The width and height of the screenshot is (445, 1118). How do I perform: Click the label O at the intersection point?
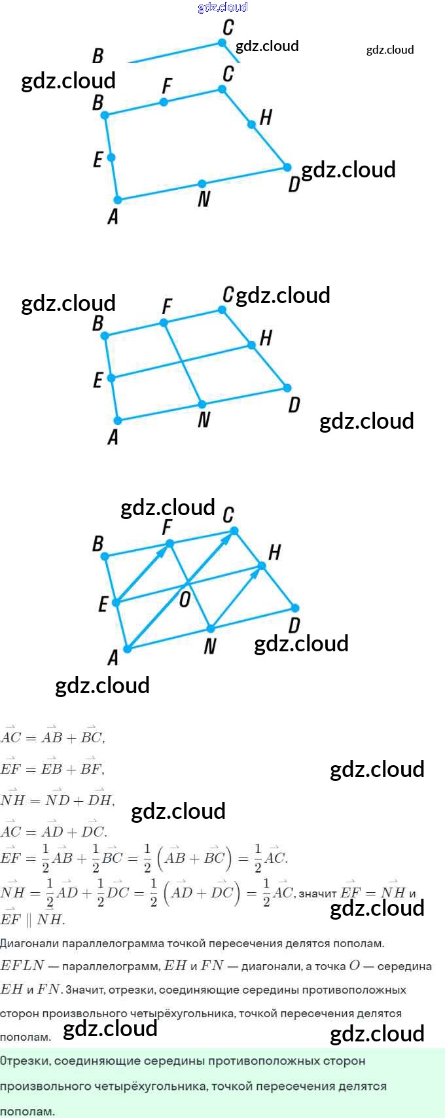point(185,598)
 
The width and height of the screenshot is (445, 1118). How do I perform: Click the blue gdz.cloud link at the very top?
point(222,7)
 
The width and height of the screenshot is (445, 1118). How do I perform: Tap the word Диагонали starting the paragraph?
point(29,943)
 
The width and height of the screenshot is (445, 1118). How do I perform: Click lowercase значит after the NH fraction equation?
point(318,893)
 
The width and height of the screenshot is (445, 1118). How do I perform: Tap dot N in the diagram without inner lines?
point(202,184)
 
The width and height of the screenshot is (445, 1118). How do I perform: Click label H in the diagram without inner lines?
point(265,117)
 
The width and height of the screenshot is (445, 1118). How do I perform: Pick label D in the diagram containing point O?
point(294,626)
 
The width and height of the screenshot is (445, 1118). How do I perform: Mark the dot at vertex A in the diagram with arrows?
point(128,649)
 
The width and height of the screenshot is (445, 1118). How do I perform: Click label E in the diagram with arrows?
point(103,604)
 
